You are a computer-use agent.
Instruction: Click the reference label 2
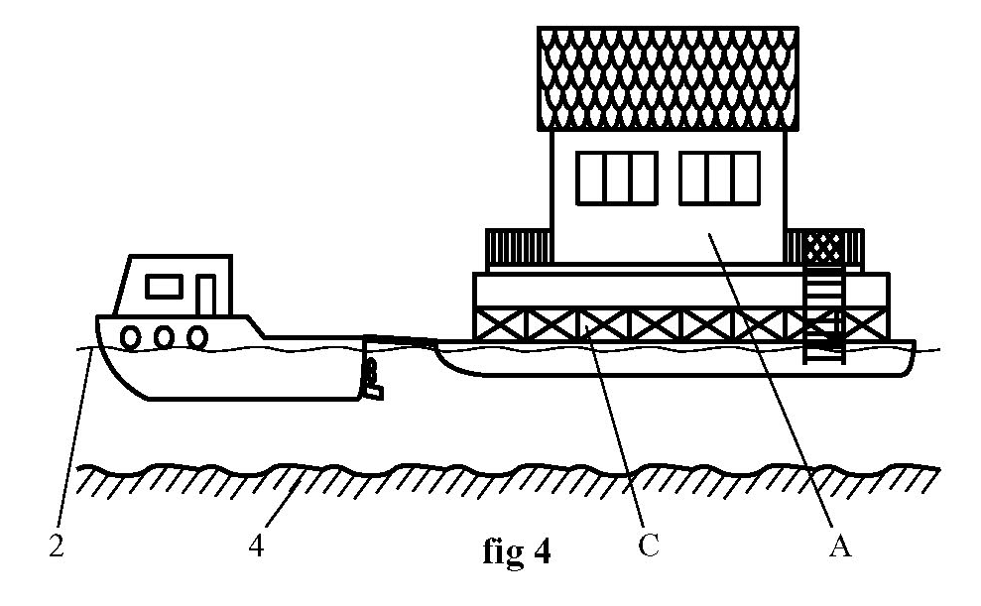tap(58, 546)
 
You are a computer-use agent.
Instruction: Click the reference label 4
tap(256, 546)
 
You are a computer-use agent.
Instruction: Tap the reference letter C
tap(648, 545)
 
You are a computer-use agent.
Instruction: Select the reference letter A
tap(840, 545)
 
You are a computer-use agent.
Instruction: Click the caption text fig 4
tap(514, 550)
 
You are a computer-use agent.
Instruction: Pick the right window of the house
tap(719, 179)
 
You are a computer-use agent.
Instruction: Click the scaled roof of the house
tap(668, 78)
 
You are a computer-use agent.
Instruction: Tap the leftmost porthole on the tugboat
tap(131, 337)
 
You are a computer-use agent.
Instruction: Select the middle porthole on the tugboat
tap(165, 337)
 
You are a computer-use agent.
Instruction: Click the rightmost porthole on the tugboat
tap(197, 337)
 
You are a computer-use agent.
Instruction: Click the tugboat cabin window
tap(164, 286)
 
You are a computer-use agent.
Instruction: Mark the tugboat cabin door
tap(205, 295)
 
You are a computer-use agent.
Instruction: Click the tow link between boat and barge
tap(401, 341)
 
